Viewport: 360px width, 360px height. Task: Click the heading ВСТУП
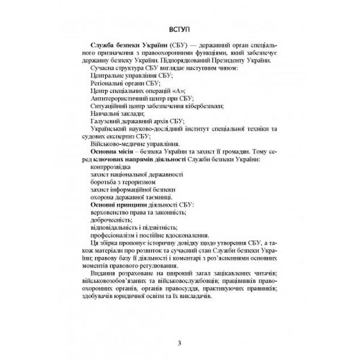click(180, 28)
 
